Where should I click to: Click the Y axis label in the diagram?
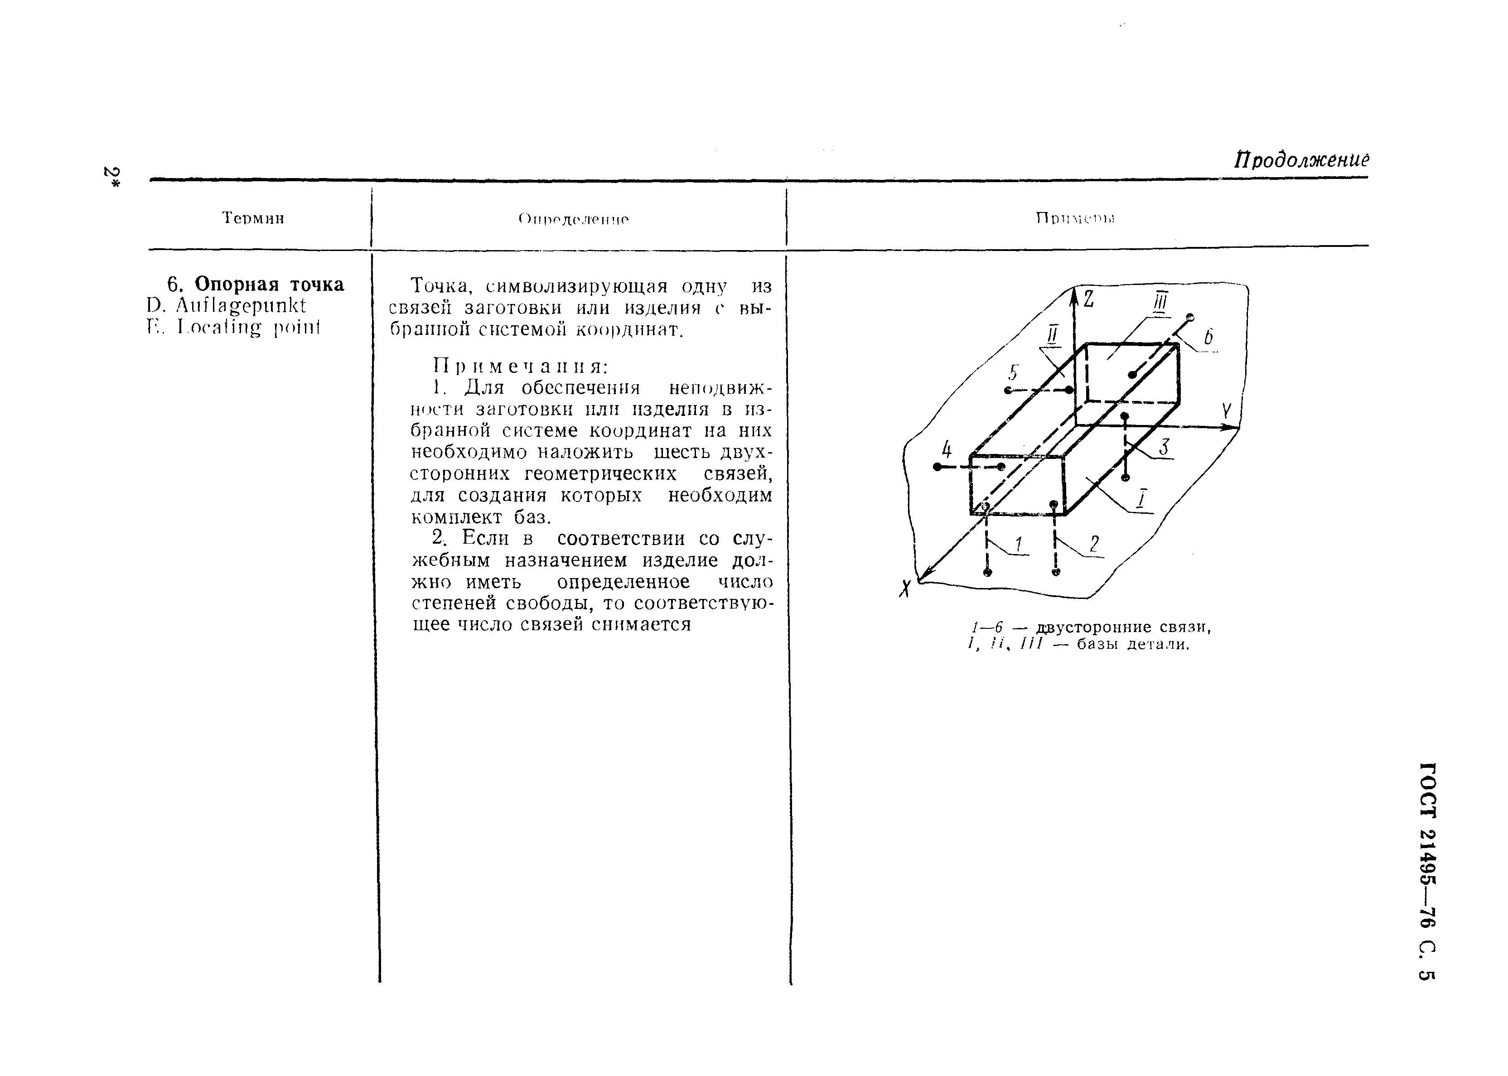1227,411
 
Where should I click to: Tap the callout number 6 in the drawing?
1208,337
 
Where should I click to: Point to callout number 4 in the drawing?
946,450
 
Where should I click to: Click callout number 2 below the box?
1094,544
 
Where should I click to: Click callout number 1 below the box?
1019,545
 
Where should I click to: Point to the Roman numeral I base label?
1141,499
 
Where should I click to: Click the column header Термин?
253,218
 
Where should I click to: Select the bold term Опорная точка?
269,284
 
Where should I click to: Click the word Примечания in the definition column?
520,366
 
